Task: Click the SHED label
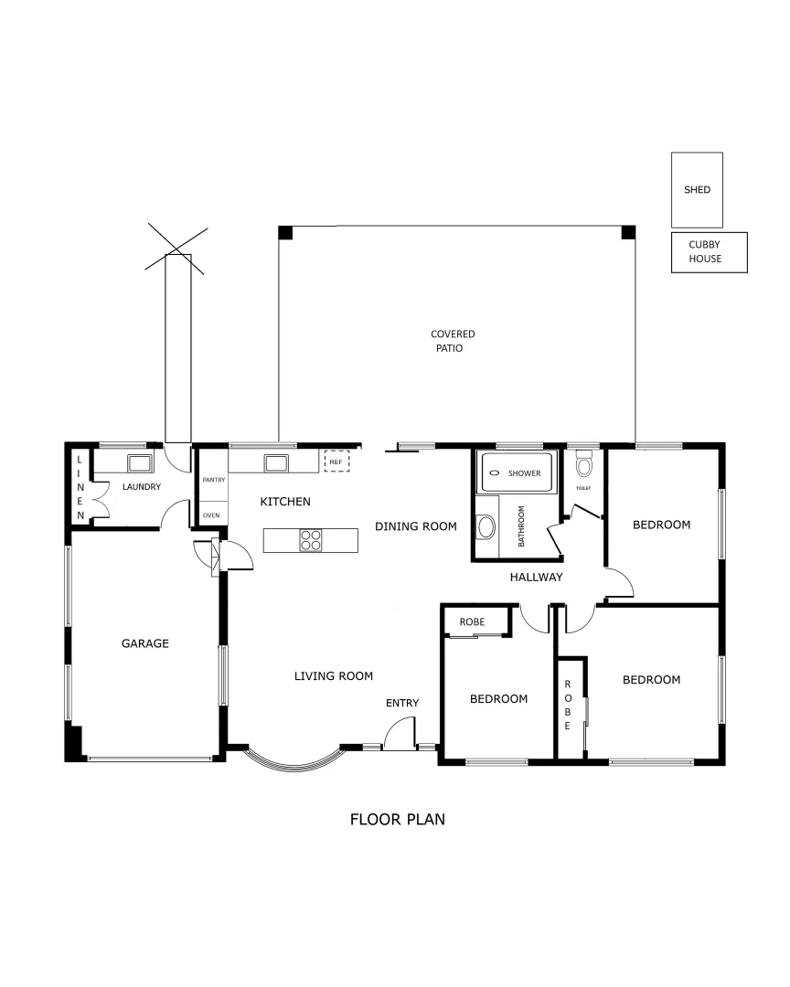pos(697,190)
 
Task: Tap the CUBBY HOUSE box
pos(709,252)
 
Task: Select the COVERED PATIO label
pos(453,341)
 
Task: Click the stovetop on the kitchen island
pos(311,540)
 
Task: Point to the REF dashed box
pos(336,461)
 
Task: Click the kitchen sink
pos(276,462)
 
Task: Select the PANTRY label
pos(213,480)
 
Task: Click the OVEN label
pos(211,515)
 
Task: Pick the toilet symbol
pos(583,466)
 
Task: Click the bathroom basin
pos(486,527)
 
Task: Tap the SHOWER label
pos(524,473)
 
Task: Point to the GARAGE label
pos(145,643)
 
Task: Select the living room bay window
pos(294,761)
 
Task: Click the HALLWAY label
pos(536,577)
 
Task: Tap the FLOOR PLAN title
pos(398,819)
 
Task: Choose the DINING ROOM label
pos(415,525)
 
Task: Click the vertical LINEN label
pos(80,488)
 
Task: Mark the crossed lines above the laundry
pos(177,249)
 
